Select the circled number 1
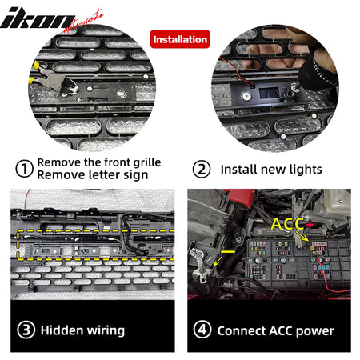click(x=25, y=169)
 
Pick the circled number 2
click(x=202, y=169)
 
